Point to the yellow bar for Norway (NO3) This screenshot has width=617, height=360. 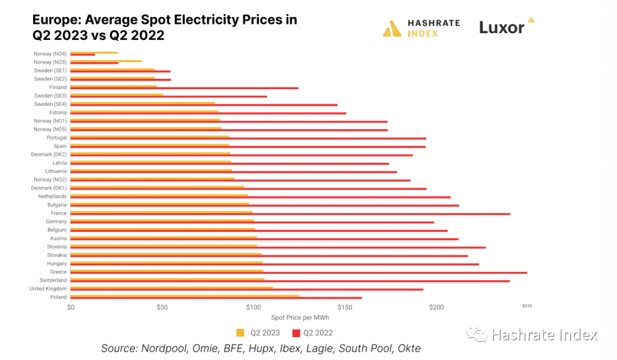[x=106, y=61]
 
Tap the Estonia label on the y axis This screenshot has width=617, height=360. [x=58, y=113]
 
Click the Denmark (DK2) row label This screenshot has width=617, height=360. [x=49, y=154]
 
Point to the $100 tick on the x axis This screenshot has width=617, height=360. [x=253, y=307]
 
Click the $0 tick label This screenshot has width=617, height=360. [x=71, y=307]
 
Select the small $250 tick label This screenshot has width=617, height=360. [x=527, y=306]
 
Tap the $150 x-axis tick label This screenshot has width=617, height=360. [x=344, y=307]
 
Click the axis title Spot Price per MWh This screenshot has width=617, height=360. [x=300, y=318]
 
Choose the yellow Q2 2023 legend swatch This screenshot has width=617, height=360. [x=240, y=333]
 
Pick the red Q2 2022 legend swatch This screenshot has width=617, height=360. [x=296, y=333]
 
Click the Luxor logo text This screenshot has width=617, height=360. [x=502, y=27]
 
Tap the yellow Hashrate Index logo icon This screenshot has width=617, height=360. [x=392, y=29]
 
